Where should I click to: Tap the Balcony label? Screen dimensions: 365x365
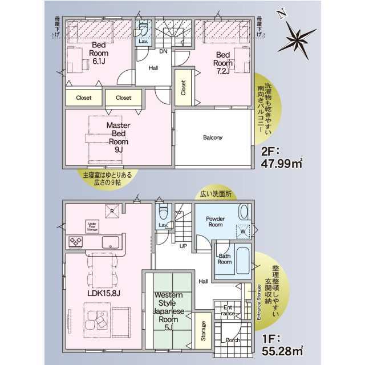point(212,137)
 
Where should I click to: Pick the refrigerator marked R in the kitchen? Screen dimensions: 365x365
point(112,210)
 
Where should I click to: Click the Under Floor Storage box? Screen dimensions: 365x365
point(92,225)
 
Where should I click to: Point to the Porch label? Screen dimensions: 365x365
point(233,340)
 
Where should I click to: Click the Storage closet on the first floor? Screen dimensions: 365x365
point(203,331)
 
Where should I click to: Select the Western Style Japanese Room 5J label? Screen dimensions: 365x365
point(168,311)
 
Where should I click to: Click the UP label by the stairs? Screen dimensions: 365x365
point(184,246)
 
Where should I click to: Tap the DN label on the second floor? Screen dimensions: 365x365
point(163,51)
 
